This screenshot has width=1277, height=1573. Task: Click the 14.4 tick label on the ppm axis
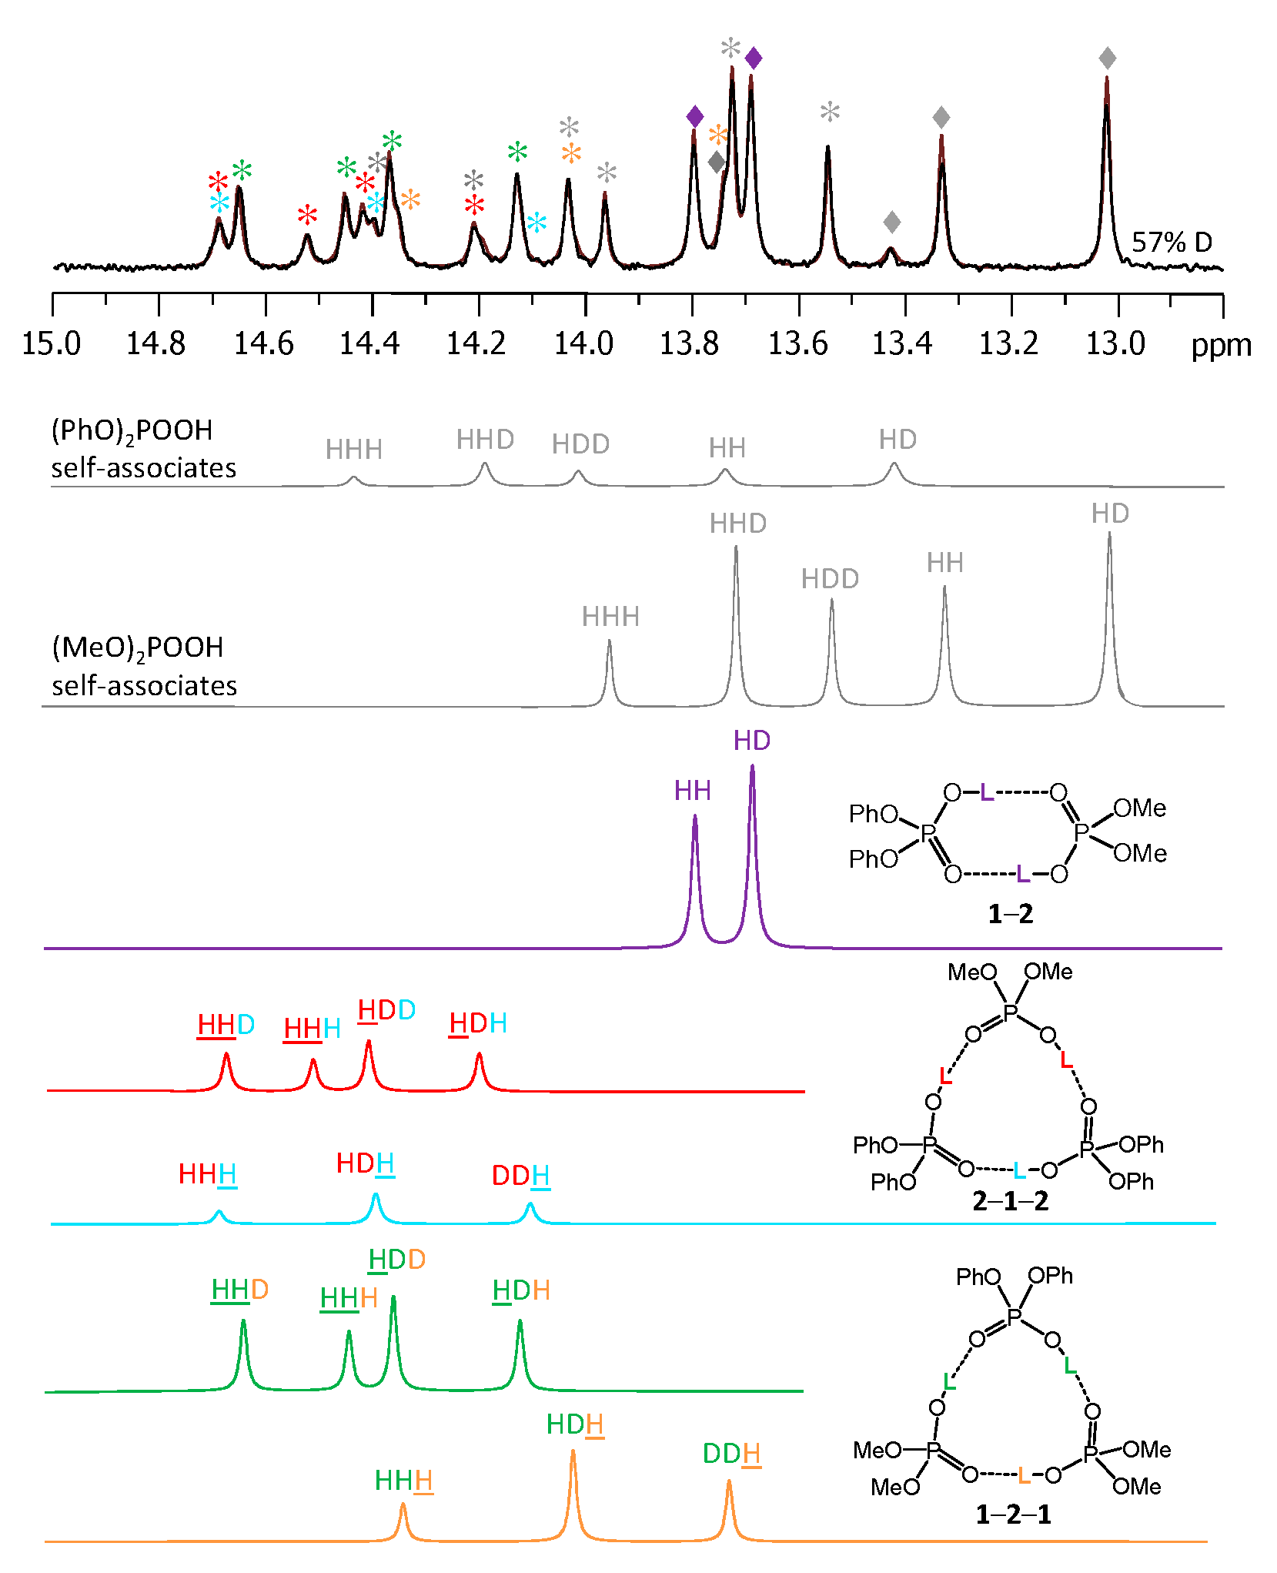(369, 343)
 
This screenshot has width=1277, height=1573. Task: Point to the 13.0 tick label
(1115, 343)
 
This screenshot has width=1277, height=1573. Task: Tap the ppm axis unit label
(1221, 346)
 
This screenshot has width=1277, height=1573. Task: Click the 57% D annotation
(1172, 242)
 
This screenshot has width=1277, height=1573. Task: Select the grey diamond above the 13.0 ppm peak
(1107, 58)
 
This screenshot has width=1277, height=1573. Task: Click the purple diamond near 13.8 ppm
(694, 116)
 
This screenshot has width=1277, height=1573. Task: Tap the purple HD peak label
(751, 741)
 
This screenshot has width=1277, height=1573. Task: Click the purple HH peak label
(692, 791)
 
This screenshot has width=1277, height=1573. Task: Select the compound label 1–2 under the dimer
(1010, 914)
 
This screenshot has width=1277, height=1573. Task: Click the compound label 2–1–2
(1010, 1200)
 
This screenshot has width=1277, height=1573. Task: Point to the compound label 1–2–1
(1013, 1514)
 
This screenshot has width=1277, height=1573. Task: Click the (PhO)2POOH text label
(132, 430)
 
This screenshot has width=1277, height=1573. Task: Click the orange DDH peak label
(731, 1454)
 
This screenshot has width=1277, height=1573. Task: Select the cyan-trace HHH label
(207, 1174)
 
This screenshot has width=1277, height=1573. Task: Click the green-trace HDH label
(520, 1290)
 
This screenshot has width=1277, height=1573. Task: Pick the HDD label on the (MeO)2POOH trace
(830, 579)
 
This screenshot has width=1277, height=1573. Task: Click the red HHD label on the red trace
(226, 1025)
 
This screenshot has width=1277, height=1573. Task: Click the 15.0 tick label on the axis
(51, 343)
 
